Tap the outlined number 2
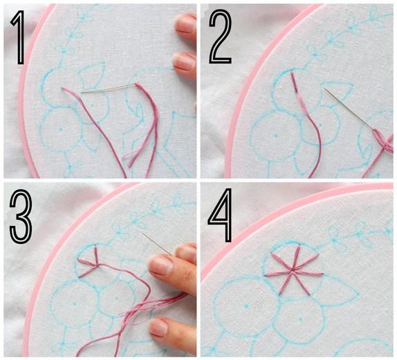coord(220,37)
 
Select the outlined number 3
coord(21,217)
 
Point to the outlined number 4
coord(220,215)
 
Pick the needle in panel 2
coord(349,108)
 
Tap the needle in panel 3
coord(156,243)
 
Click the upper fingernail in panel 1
coord(185,23)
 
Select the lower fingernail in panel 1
coord(184,61)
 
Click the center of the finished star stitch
coord(293,271)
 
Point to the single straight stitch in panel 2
coord(294,82)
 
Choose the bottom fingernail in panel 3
coord(158,327)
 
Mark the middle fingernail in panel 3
coord(160,265)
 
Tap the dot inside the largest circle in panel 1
coord(60,129)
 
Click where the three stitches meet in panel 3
coord(97,265)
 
